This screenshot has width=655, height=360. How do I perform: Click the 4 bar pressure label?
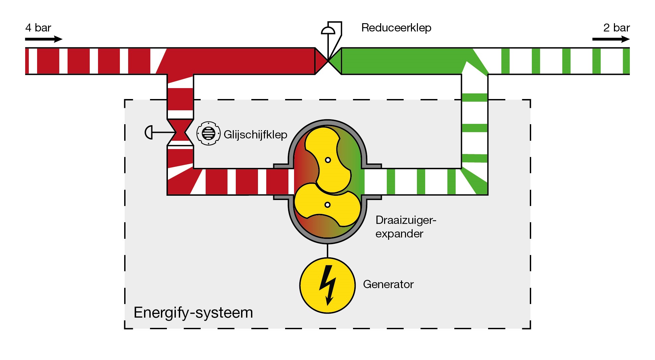[x=38, y=28]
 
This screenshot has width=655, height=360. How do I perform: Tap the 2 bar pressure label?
[x=616, y=28]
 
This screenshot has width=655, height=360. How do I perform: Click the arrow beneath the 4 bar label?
[x=43, y=39]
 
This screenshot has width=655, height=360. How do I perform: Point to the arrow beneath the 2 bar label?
[x=611, y=39]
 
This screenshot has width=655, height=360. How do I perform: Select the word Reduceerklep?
[x=396, y=28]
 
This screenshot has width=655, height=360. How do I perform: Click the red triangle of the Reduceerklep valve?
[x=320, y=61]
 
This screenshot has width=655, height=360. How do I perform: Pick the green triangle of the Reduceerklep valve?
[x=336, y=61]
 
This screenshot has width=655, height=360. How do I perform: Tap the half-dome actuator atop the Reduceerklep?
[x=328, y=31]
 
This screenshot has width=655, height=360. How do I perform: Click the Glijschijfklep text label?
[x=255, y=134]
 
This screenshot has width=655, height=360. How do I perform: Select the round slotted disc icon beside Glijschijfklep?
[x=208, y=133]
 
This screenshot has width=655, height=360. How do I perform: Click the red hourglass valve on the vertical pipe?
[x=180, y=132]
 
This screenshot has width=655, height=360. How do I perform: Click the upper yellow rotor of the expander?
[x=326, y=156]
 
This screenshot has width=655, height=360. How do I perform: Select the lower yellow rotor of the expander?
[x=326, y=205]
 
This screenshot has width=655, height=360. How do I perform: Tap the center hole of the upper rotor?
[x=328, y=160]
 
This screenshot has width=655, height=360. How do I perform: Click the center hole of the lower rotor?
[x=327, y=205]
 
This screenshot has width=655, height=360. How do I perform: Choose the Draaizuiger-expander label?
[x=405, y=227]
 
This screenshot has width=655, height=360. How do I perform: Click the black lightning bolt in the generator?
[x=327, y=285]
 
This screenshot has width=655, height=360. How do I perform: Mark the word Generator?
[x=388, y=284]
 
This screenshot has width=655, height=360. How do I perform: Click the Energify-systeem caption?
[x=193, y=313]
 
